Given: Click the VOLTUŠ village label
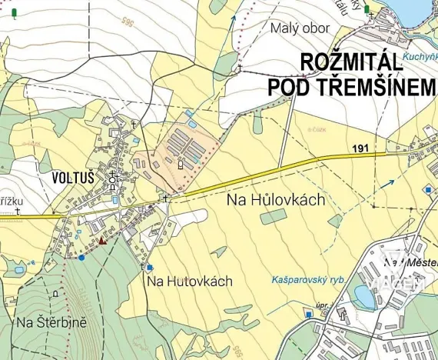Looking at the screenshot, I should pyautogui.click(x=72, y=177).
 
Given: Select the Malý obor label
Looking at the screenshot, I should pyautogui.click(x=300, y=28).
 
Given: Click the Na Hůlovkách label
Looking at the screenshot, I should pyautogui.click(x=277, y=199).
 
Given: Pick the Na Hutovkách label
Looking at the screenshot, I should pyautogui.click(x=189, y=282).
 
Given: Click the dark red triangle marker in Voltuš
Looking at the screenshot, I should pyautogui.click(x=101, y=240).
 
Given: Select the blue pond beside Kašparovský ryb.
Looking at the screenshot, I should pyautogui.click(x=364, y=296).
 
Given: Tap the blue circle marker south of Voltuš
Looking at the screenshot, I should pyautogui.click(x=81, y=258).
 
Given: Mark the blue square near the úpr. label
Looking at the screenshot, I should pyautogui.click(x=309, y=314).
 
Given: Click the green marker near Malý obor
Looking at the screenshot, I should pyautogui.click(x=367, y=9).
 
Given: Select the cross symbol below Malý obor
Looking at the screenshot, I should pyautogui.click(x=240, y=68).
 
